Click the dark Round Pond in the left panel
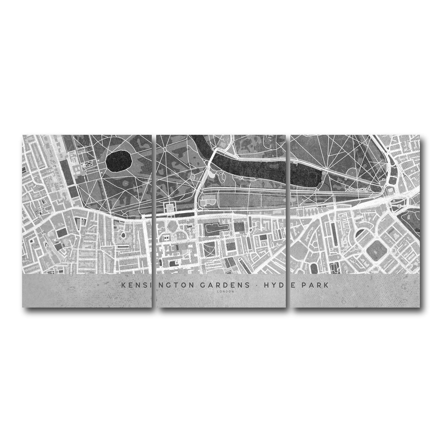[x=119, y=162]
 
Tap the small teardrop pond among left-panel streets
[x=123, y=234]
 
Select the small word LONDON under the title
[x=225, y=291]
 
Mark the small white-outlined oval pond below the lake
[x=223, y=178]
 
